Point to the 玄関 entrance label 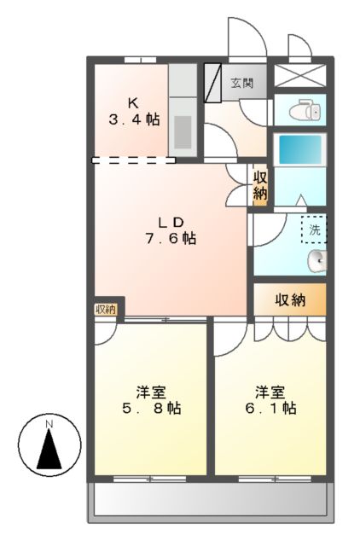(243, 83)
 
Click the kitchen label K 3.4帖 (134, 112)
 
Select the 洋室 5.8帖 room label (150, 400)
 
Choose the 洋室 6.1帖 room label (269, 400)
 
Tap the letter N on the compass (49, 424)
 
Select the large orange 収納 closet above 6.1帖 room (290, 299)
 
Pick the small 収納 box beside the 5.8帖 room (106, 309)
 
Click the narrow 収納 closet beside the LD (259, 185)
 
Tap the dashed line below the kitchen (133, 160)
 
